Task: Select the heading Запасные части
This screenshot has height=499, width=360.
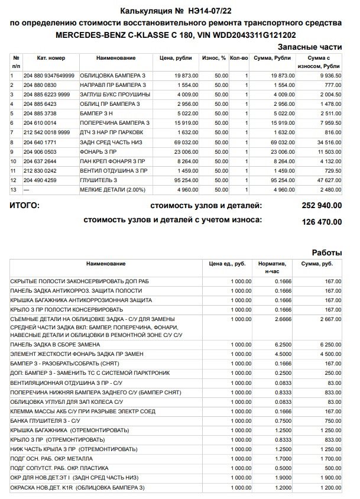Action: coord(310,47)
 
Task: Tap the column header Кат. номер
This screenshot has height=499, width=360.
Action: coord(51,58)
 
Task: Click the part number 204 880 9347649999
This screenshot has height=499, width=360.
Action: coord(49,76)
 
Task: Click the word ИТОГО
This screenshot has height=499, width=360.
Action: coord(25,206)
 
